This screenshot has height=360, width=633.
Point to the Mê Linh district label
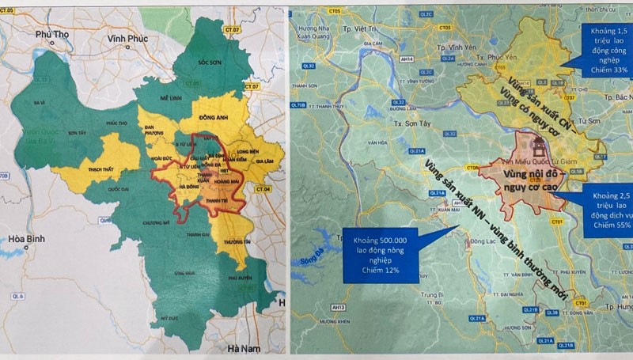coord(172,93)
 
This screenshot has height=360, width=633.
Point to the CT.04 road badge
coord(263,190)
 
